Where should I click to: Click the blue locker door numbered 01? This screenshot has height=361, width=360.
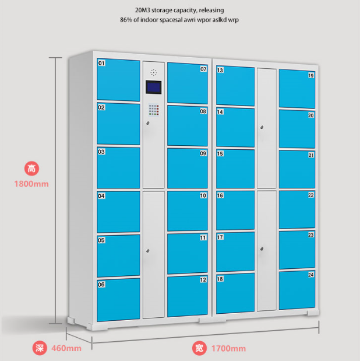coord(119,79)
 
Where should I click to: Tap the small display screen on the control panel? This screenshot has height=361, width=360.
coord(154,87)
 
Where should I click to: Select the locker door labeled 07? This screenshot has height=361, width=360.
coord(188,82)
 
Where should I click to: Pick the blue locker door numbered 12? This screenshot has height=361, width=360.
coord(188,296)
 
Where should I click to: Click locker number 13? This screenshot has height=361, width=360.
coord(235,86)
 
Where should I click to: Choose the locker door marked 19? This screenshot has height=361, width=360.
coord(297,89)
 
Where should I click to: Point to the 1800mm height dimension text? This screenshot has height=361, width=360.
coord(31,183)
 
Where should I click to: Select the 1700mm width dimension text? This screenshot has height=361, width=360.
coord(228,349)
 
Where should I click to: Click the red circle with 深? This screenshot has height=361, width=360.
coord(40,349)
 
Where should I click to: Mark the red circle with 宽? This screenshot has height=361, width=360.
coord(199,349)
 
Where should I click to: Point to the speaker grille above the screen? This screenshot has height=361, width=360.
coord(154,72)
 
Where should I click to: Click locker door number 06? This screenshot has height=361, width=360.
coord(119,299)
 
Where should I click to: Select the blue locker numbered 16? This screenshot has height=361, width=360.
coord(235,210)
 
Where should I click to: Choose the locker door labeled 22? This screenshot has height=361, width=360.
coord(297,209)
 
